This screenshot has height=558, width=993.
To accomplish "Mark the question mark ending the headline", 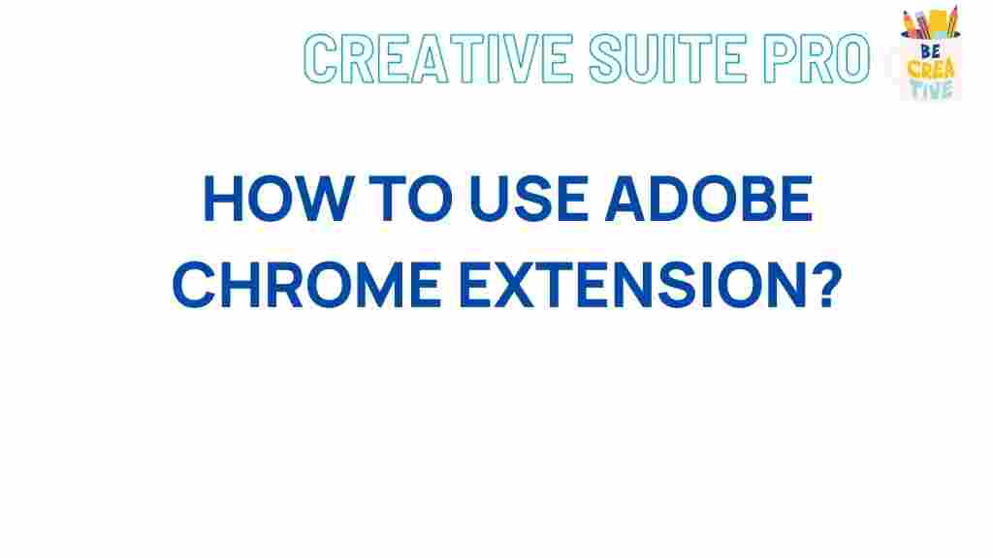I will tap(817, 286).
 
